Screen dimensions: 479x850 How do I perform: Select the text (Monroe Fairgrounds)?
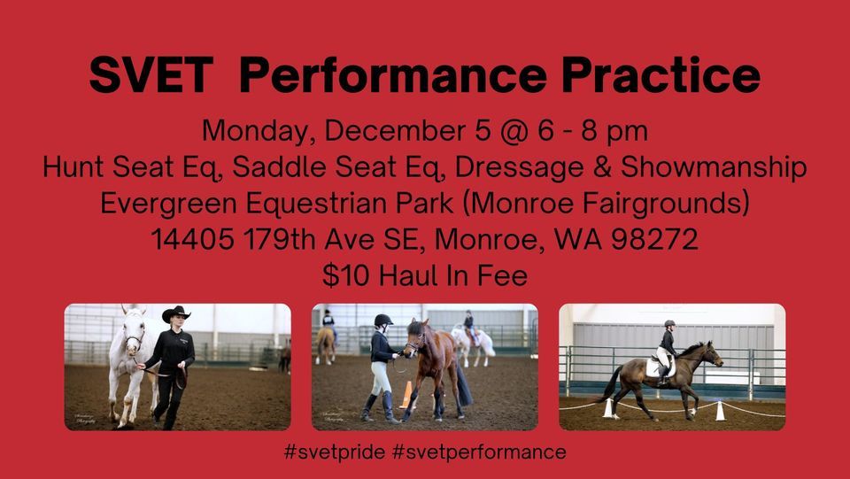pos(611,203)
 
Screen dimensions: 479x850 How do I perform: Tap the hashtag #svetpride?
pos(335,452)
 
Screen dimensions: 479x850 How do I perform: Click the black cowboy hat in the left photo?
pos(176,314)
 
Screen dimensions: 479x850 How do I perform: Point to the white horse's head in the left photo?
pos(133,332)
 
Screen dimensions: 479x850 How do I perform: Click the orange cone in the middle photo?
pos(406,395)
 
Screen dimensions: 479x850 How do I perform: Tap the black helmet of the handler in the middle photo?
pos(383,320)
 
